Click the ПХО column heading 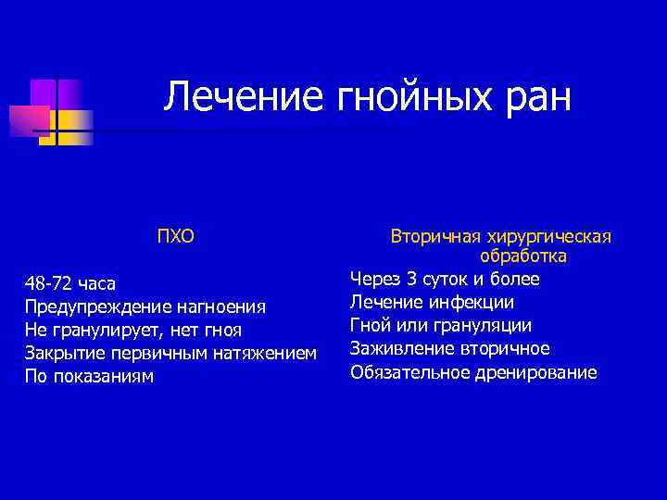click(x=175, y=236)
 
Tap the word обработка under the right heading click(x=523, y=256)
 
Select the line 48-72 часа click(x=70, y=283)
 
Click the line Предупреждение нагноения click(x=145, y=306)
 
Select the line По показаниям click(x=89, y=377)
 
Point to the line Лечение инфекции click(x=432, y=302)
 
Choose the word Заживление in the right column click(x=399, y=348)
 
